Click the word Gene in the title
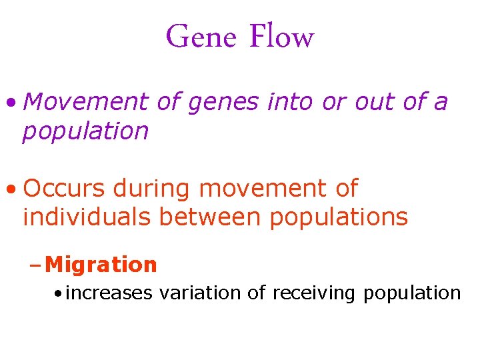[201, 36]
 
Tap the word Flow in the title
[281, 36]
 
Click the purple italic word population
[85, 131]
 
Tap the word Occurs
[64, 189]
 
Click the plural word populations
[339, 218]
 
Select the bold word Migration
[101, 265]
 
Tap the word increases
[109, 293]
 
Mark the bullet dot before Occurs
[10, 190]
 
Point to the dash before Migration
[36, 265]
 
